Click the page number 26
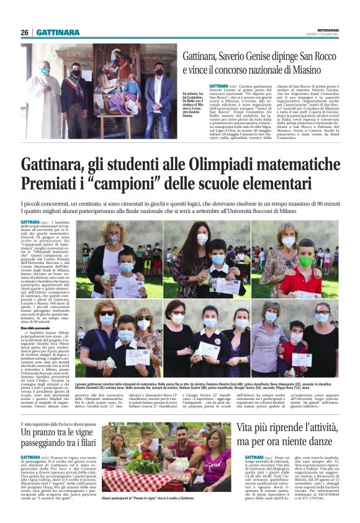25,32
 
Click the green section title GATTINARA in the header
57,32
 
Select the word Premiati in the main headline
47,184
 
